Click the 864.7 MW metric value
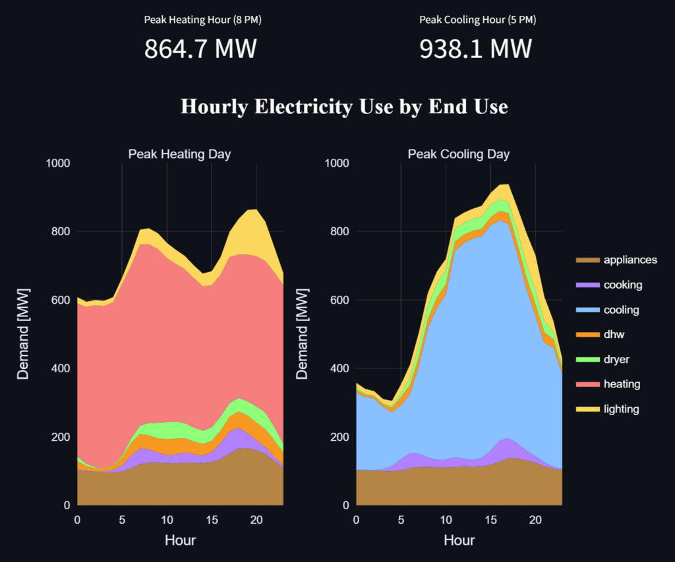click(x=200, y=49)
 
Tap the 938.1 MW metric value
click(x=475, y=49)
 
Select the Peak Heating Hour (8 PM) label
click(x=203, y=20)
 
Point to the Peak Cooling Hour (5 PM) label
click(x=478, y=20)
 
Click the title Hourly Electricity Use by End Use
click(x=344, y=106)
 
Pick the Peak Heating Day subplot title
click(x=179, y=154)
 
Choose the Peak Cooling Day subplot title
click(x=459, y=154)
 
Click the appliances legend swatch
click(x=589, y=260)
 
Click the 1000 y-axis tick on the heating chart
click(x=59, y=163)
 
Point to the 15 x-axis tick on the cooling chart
click(x=490, y=520)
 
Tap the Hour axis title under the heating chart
click(x=180, y=540)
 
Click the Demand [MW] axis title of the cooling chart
click(x=302, y=335)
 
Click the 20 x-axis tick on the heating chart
click(x=256, y=520)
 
